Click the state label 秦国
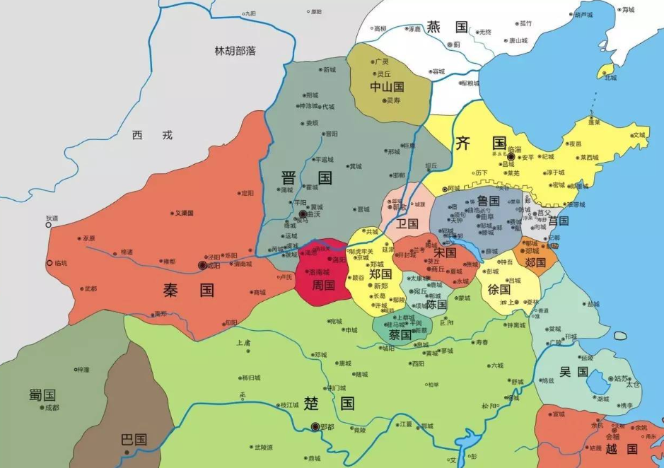coord(188,290)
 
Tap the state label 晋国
coord(306,178)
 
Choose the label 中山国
coord(387,87)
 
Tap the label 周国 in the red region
coord(322,286)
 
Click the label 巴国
coord(133,439)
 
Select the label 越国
coord(623,448)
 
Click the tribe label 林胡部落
coord(235,51)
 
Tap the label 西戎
coord(152,135)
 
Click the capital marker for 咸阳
coord(202,265)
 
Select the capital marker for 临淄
coord(511,157)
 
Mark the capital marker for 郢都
coord(315,427)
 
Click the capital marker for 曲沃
coord(303,213)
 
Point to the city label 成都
coord(51,408)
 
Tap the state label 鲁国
coord(488,201)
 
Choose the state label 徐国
coord(499,289)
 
